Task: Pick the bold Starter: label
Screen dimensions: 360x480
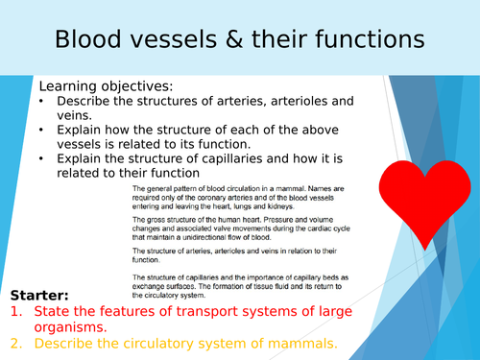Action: [41, 294]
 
